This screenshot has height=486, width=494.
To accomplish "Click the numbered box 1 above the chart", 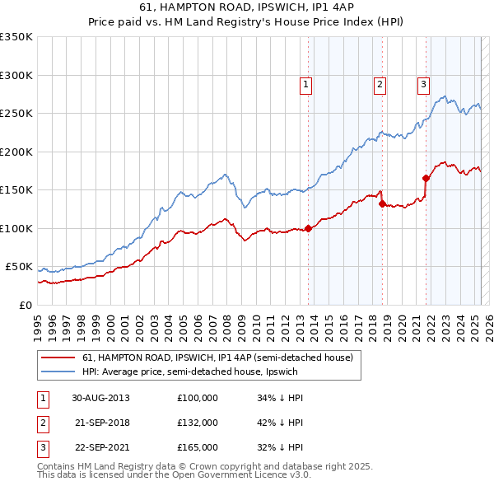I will click(x=305, y=83).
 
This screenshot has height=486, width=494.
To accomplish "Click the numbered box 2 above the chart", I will click(x=380, y=83).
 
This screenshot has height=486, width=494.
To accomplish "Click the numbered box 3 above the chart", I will click(x=423, y=83).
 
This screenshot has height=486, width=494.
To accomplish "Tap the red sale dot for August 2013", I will click(x=308, y=228).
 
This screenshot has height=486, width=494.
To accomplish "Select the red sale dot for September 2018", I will click(x=382, y=204).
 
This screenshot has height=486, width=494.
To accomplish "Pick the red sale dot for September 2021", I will click(x=426, y=178).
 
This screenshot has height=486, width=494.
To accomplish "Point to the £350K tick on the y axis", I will click(x=16, y=37).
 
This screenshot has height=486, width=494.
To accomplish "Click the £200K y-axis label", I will click(x=16, y=152).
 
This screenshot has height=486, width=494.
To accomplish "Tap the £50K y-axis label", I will click(x=19, y=267).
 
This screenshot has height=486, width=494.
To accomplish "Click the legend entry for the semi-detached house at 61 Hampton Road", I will click(x=217, y=357).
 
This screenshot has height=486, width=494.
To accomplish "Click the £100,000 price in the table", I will click(x=198, y=397).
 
